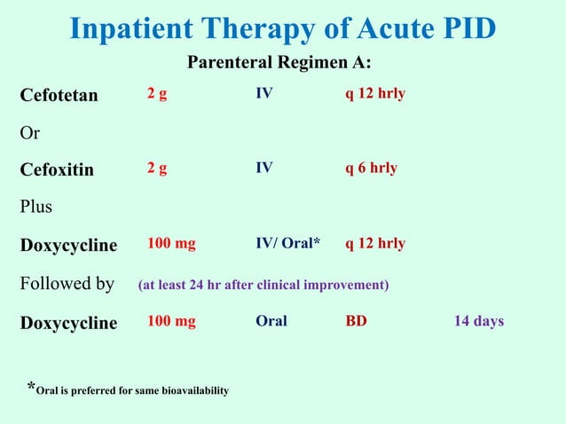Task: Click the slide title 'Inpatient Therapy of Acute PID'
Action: point(282,28)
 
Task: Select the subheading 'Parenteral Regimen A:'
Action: point(279,64)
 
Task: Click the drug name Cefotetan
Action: point(59,95)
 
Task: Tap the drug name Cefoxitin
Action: point(57,169)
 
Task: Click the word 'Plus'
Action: point(36,207)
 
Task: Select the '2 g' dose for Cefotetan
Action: point(157,93)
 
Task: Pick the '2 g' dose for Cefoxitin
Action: point(157,168)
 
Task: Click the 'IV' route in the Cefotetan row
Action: point(264,93)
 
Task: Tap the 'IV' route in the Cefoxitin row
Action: point(264,168)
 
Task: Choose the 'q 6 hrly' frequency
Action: point(371,168)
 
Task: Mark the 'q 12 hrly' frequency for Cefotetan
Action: point(375,93)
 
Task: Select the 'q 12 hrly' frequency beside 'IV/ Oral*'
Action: point(375,243)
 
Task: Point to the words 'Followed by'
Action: point(67,284)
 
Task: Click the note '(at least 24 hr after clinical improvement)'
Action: point(263,285)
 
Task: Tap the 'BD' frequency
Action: point(356,321)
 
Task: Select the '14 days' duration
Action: point(479,321)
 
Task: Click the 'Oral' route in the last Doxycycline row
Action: point(271,321)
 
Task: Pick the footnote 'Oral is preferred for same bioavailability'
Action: point(132,390)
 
